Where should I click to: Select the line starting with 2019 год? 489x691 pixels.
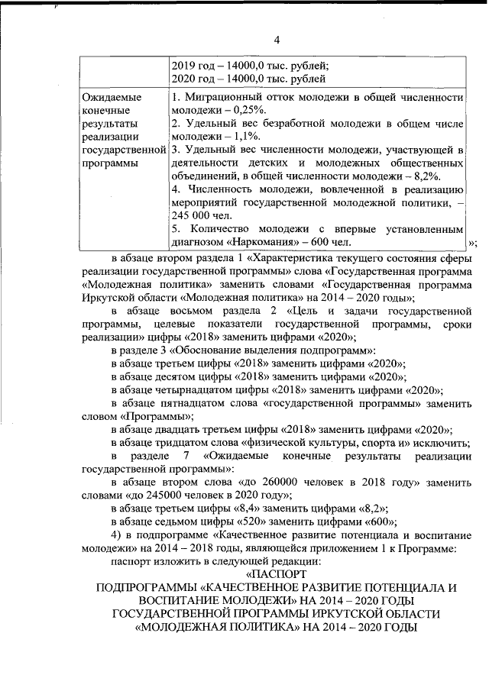point(249,64)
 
